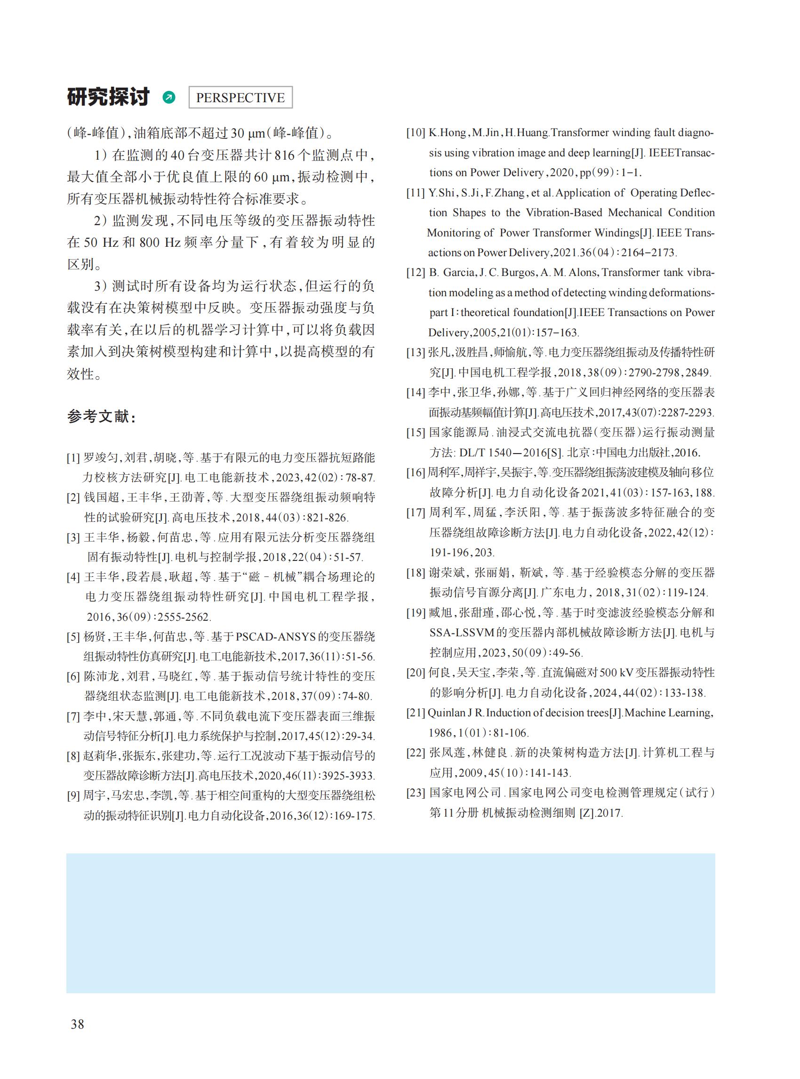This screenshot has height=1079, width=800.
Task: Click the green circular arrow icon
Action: (169, 97)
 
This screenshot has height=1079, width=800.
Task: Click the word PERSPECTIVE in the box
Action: (240, 97)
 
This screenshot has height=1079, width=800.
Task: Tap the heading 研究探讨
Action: (109, 97)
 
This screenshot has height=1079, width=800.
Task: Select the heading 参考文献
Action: (101, 416)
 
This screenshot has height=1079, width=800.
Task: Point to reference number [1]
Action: (73, 458)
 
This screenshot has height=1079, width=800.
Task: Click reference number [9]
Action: (73, 795)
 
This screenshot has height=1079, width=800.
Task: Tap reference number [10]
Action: (416, 133)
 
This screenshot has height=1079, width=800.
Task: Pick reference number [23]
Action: (416, 793)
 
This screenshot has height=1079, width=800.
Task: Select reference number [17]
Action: (416, 512)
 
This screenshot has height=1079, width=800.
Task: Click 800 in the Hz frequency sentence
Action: (150, 243)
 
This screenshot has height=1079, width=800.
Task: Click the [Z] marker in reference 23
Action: (587, 813)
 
